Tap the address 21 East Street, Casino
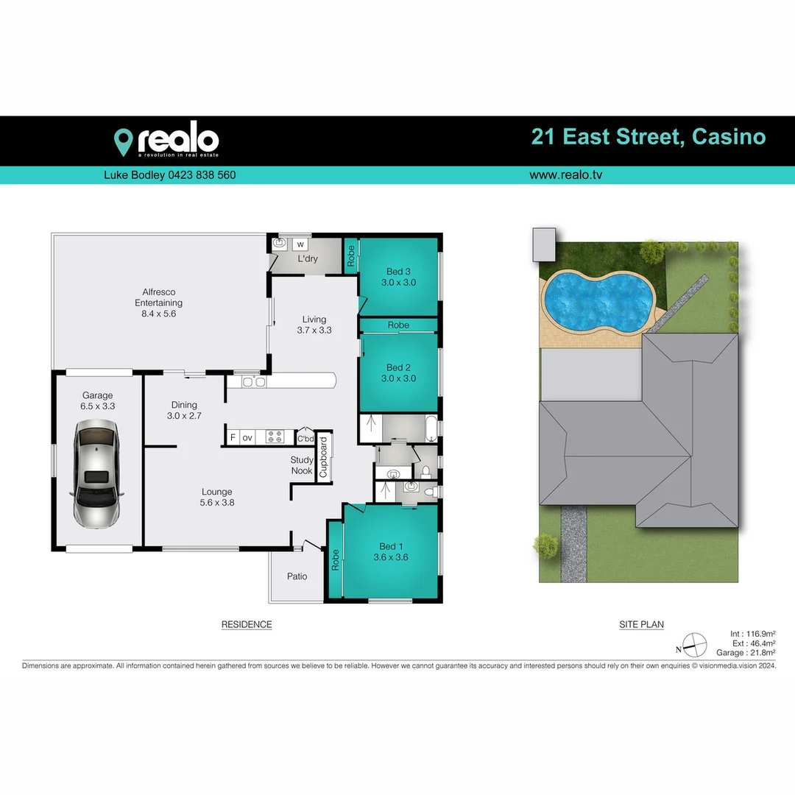tap(648, 137)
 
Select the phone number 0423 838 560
tap(191, 175)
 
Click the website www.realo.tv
tap(566, 175)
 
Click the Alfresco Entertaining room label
tap(158, 303)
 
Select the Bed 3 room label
tap(398, 277)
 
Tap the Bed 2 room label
tap(398, 372)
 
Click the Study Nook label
tap(302, 465)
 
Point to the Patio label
tap(297, 576)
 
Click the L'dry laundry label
tap(308, 259)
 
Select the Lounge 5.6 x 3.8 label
tap(216, 497)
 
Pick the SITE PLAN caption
tap(641, 625)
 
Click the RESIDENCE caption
tap(247, 625)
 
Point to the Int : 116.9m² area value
tap(752, 633)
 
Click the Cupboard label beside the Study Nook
tap(322, 458)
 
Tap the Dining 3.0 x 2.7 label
tap(184, 410)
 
